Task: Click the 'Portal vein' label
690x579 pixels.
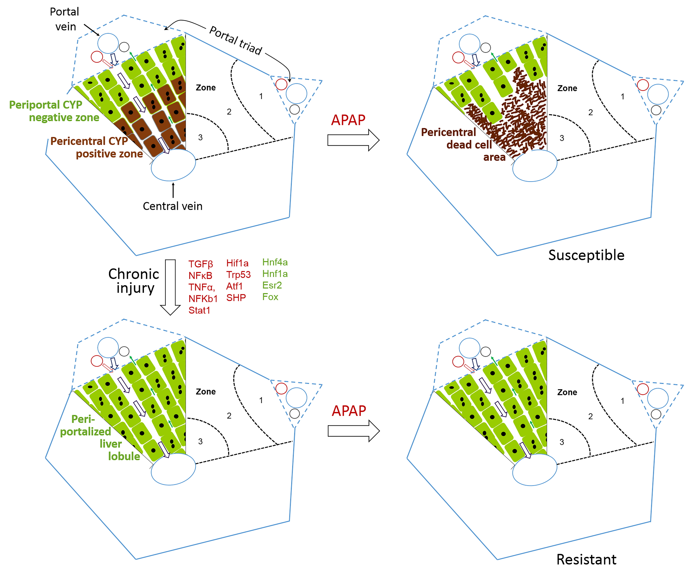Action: [65, 19]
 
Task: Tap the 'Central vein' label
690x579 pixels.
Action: [172, 206]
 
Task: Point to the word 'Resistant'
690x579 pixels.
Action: [586, 559]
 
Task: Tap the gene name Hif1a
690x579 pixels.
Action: [237, 263]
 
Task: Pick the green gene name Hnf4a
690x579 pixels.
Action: [275, 262]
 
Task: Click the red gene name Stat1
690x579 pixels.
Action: [199, 310]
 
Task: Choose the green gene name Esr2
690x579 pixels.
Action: [272, 285]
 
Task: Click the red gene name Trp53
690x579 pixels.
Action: [238, 275]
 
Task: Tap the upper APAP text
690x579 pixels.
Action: [348, 120]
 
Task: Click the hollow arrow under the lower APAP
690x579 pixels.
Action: [354, 431]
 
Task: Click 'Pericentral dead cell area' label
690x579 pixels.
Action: [463, 145]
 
